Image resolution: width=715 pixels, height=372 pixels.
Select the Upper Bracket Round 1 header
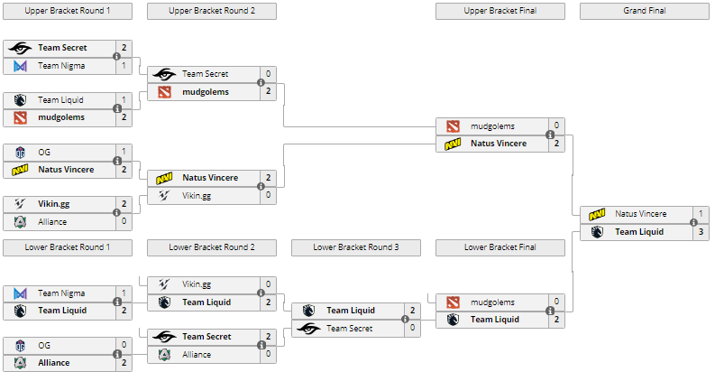[x=68, y=12]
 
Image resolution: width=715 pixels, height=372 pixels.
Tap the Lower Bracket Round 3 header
[x=356, y=247]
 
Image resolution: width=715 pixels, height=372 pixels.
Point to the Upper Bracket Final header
[x=500, y=12]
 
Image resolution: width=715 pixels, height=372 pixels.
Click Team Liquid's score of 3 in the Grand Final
[x=701, y=232]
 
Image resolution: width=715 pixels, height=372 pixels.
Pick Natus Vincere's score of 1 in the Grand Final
[x=701, y=214]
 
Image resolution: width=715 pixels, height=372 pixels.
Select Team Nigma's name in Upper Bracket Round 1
[x=61, y=66]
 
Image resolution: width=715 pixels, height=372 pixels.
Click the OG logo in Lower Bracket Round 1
[x=20, y=345]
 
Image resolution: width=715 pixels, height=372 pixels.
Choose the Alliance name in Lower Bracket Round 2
[x=197, y=355]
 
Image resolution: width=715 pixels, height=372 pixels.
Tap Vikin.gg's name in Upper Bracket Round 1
[x=54, y=204]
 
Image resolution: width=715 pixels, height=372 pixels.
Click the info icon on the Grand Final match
[x=693, y=223]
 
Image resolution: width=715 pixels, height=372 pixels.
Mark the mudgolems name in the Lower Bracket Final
[x=492, y=302]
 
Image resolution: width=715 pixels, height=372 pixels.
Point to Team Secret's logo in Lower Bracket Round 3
[x=308, y=329]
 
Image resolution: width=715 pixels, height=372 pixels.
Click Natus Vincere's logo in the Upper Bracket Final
[x=453, y=144]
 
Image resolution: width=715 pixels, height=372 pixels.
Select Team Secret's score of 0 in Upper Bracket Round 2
[x=268, y=74]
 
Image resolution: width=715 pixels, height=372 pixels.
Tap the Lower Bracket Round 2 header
[x=212, y=247]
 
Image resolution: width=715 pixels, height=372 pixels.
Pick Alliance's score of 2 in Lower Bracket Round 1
[x=124, y=363]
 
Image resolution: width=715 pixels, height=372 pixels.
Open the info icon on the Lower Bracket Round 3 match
[x=405, y=320]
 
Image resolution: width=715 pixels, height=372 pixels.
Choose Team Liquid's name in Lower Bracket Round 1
[x=62, y=311]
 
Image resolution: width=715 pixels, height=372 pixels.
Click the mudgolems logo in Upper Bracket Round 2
[x=164, y=92]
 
